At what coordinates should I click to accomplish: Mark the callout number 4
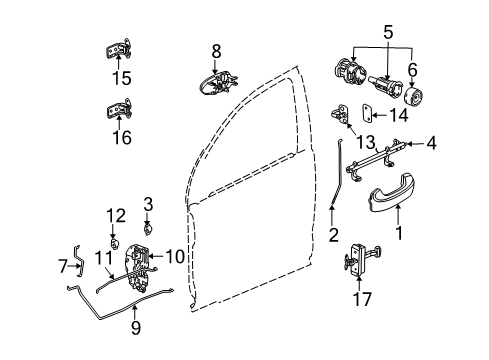click(431, 144)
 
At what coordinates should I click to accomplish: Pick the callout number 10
click(176, 258)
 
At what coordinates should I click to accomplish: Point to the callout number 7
click(63, 267)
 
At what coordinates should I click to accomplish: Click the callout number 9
click(137, 326)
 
